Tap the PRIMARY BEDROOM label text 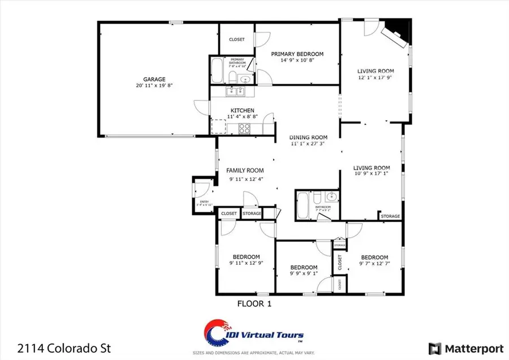297,54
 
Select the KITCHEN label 242,110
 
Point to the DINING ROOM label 308,137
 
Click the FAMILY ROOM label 245,170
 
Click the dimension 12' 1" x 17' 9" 375,78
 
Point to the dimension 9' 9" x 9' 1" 304,274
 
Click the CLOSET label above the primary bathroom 236,39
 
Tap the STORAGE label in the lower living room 390,216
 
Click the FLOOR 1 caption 254,303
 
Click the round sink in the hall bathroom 331,198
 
